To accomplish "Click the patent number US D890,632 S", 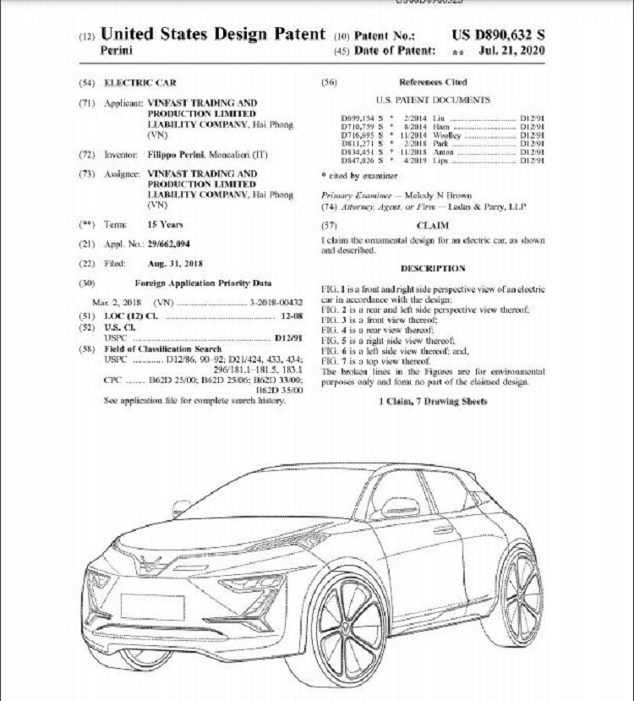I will [499, 35].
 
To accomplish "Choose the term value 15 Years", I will [166, 225].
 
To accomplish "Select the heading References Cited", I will [432, 82].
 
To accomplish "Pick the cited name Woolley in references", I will [446, 134].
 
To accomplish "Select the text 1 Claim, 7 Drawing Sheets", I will [432, 401].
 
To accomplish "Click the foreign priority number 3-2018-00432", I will [276, 302].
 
